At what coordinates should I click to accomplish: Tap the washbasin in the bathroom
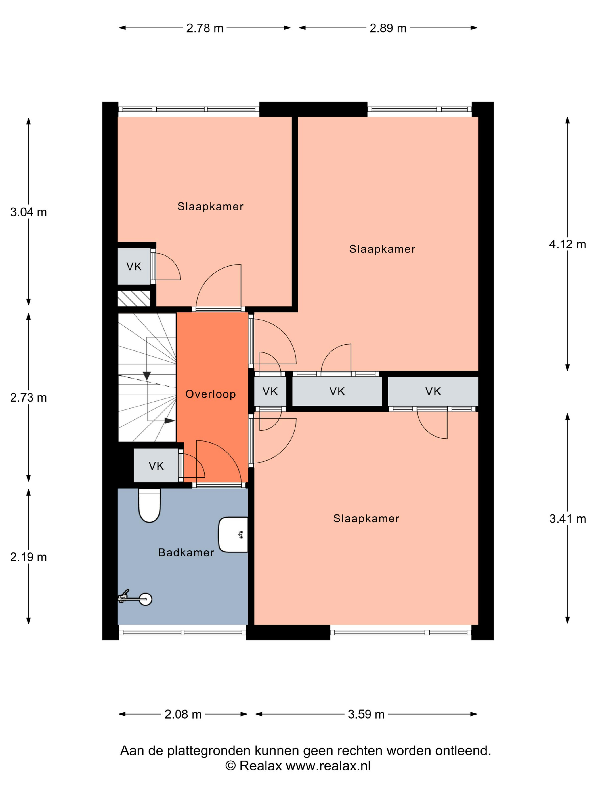233,535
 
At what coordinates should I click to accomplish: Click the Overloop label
211,394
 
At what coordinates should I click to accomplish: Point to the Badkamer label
186,552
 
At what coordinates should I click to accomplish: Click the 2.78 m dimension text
205,28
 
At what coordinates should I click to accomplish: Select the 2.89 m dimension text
388,28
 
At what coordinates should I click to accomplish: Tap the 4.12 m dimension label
568,244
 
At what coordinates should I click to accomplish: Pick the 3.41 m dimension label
568,519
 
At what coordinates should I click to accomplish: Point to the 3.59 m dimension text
366,714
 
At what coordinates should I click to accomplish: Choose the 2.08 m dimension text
183,714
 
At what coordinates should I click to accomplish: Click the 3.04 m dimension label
28,212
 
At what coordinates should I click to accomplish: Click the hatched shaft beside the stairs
134,298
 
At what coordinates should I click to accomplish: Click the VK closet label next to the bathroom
156,466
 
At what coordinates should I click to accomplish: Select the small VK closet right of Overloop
270,391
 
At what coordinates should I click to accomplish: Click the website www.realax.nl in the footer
328,766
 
